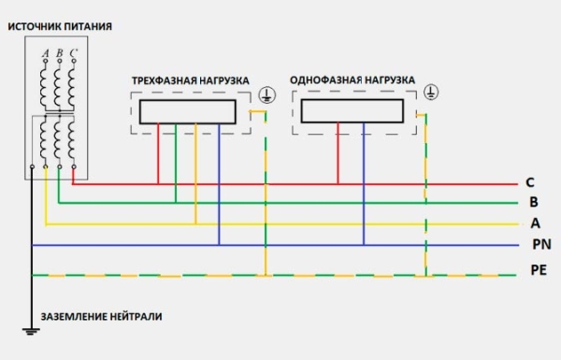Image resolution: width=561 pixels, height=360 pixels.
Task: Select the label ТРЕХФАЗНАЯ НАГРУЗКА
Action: point(191,83)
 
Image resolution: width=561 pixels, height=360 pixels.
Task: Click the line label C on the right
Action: point(530,181)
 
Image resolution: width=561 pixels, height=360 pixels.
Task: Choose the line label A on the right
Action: point(535,223)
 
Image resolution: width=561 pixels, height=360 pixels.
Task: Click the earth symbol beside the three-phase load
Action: point(266,94)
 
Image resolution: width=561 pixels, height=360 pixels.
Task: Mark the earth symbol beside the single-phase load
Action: point(431,92)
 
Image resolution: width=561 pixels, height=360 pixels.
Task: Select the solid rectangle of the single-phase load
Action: point(352,111)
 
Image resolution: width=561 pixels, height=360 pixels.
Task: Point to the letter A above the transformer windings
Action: point(45,53)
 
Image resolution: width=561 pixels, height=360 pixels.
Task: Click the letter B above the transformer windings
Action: point(59,53)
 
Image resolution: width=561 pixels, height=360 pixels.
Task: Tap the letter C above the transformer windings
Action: point(73,53)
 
